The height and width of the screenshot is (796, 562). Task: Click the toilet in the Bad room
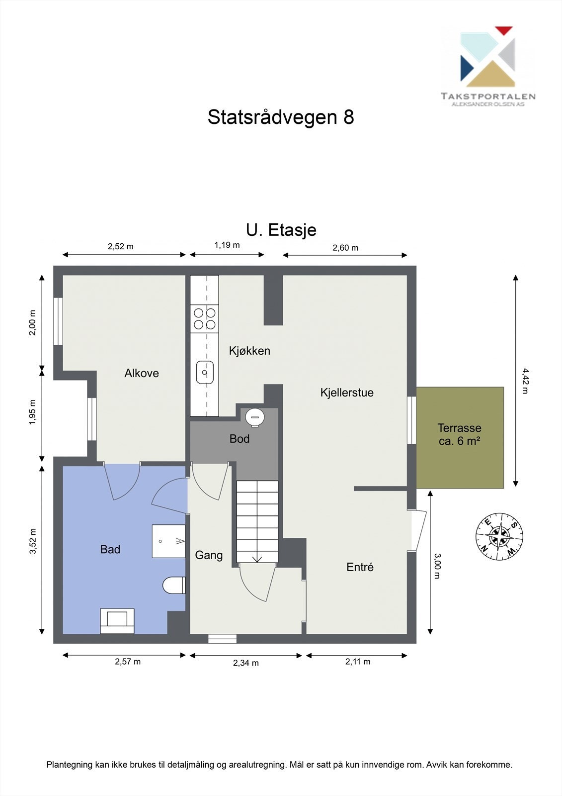[174, 585]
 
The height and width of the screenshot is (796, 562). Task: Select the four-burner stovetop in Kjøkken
[205, 319]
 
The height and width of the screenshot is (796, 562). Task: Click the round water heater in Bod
[255, 417]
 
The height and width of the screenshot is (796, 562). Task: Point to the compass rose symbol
[499, 536]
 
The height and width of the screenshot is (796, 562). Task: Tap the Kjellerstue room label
[347, 393]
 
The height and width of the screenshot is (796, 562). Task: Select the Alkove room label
[142, 373]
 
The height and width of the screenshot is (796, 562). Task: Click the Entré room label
[360, 567]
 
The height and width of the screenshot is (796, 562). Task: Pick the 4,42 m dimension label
[525, 381]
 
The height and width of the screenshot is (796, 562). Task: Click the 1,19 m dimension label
[227, 245]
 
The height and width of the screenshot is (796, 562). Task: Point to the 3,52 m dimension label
[33, 541]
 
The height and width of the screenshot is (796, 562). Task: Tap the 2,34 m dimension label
[246, 663]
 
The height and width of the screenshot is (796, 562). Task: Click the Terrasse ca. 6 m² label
[460, 434]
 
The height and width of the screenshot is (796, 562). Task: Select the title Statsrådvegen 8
[281, 117]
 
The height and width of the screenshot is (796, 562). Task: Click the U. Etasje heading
[281, 230]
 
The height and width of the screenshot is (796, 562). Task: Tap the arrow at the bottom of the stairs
[257, 559]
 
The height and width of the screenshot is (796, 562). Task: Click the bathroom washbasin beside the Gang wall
[168, 541]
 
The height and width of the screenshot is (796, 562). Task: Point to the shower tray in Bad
[117, 621]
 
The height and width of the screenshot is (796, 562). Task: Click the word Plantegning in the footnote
[69, 765]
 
